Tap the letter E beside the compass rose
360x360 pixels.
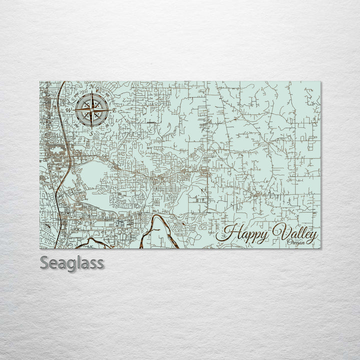(114, 110)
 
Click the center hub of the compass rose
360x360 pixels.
(92, 108)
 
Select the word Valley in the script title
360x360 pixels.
(294, 233)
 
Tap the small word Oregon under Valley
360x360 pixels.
(296, 243)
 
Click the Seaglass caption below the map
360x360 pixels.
(71, 263)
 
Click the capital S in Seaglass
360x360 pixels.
(44, 263)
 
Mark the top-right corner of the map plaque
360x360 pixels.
(320, 81)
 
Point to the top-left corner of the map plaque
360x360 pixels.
(39, 81)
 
